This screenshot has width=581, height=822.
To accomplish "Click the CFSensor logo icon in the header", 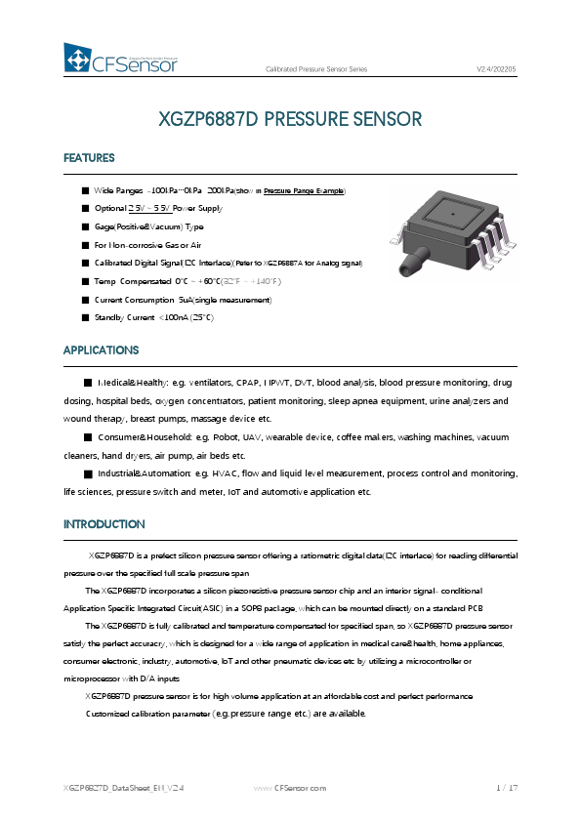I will [x=77, y=59].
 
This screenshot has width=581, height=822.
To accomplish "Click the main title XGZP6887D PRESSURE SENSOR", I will [x=290, y=120].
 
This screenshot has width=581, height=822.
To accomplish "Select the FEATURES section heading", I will [x=89, y=158].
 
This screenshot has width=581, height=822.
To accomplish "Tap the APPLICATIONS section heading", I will [x=101, y=350].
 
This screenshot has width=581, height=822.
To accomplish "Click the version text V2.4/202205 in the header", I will [x=496, y=69].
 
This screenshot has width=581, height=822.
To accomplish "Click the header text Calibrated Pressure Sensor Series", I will [x=316, y=69].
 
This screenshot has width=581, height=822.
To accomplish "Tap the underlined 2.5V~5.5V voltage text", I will [x=149, y=208].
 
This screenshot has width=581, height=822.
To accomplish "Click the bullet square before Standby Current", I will [x=86, y=317].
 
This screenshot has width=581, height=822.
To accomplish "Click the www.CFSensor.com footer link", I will [x=290, y=787].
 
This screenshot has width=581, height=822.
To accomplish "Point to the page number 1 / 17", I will [x=506, y=787].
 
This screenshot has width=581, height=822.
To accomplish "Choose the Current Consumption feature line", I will [x=183, y=299].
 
